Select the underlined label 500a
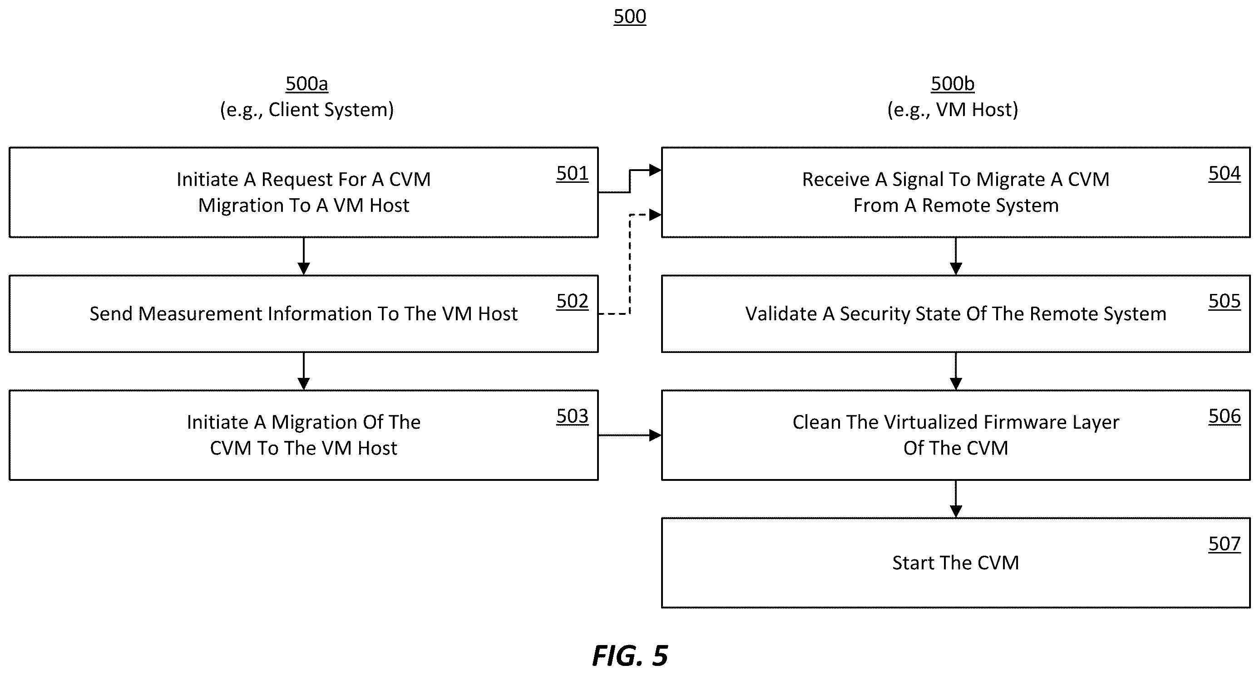[x=306, y=84]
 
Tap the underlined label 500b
[x=952, y=84]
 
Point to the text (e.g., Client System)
[x=306, y=110]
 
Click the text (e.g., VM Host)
[x=952, y=110]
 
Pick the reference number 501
[x=572, y=174]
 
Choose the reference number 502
[x=572, y=301]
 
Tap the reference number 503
[x=572, y=416]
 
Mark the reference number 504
[x=1224, y=174]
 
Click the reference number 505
[x=1224, y=301]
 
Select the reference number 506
[x=1224, y=416]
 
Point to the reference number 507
[x=1224, y=544]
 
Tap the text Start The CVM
[x=956, y=563]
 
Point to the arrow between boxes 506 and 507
[x=956, y=499]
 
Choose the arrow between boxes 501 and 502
[x=304, y=257]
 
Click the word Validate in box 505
[x=781, y=314]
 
